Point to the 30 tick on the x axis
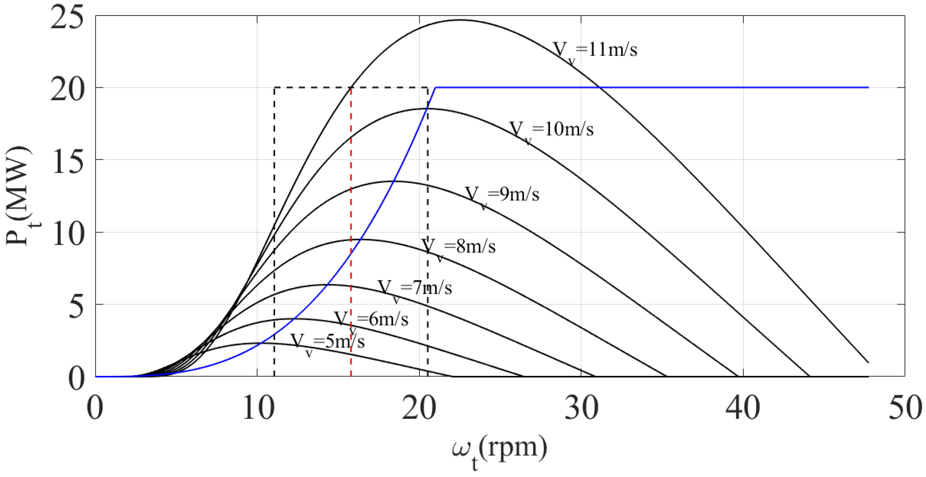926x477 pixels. [581, 408]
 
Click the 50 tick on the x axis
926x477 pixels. [905, 408]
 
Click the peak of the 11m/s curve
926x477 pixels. [460, 20]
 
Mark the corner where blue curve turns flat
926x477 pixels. [436, 87]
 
